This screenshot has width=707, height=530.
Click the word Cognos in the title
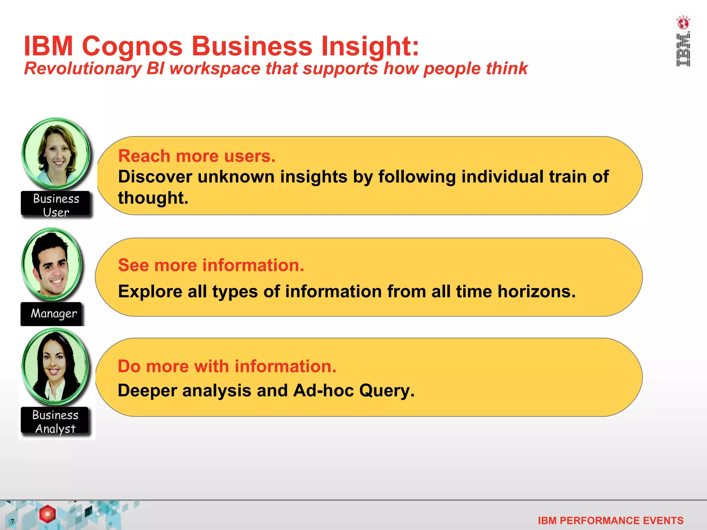click(x=132, y=47)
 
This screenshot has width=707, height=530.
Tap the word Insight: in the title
click(x=370, y=47)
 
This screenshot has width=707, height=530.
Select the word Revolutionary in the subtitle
click(x=83, y=69)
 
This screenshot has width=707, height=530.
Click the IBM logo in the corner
click(x=683, y=50)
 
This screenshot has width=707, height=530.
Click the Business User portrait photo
click(x=57, y=154)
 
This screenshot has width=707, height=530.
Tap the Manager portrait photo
click(x=52, y=264)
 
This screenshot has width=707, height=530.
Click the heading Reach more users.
click(x=197, y=156)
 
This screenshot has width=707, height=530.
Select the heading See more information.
click(x=211, y=265)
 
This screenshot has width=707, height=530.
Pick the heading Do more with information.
click(x=227, y=366)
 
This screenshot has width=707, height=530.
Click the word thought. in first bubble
click(x=153, y=198)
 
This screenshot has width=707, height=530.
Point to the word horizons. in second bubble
click(x=536, y=292)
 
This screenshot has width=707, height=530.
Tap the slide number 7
click(x=12, y=521)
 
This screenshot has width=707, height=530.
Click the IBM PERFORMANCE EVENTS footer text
click(x=610, y=520)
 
